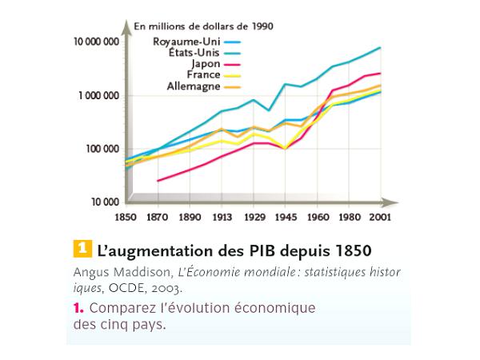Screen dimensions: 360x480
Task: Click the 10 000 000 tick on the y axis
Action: (x=96, y=42)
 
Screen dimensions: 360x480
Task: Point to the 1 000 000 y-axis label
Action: (x=98, y=95)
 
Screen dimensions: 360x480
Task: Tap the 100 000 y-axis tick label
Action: (x=102, y=149)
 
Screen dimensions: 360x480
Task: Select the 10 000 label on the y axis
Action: (x=104, y=202)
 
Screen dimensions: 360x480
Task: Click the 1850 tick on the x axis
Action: (x=126, y=217)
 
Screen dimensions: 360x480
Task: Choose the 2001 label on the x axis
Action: (x=381, y=217)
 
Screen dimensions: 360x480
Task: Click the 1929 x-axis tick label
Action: (x=254, y=217)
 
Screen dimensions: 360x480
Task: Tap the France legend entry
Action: (x=203, y=74)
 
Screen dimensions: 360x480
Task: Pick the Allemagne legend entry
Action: (x=193, y=86)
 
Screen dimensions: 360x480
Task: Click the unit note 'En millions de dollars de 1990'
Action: (x=203, y=26)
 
